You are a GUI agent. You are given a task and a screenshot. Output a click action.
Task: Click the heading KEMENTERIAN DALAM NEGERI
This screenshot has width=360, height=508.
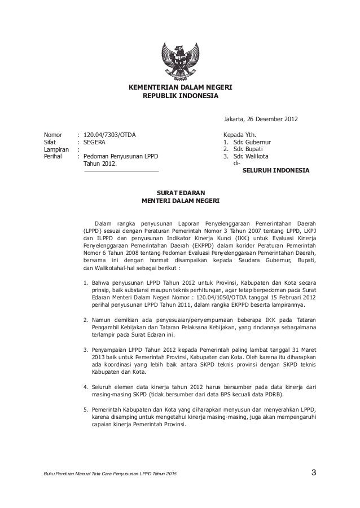pos(181,88)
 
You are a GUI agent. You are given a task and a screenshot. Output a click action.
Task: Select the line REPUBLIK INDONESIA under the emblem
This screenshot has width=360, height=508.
pos(180,96)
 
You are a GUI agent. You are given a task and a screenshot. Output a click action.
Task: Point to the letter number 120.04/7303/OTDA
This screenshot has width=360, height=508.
pos(109,135)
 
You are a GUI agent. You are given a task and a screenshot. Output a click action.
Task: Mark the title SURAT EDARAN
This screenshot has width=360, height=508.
pos(180,193)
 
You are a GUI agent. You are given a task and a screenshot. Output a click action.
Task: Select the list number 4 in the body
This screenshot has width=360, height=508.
pos(85,387)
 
